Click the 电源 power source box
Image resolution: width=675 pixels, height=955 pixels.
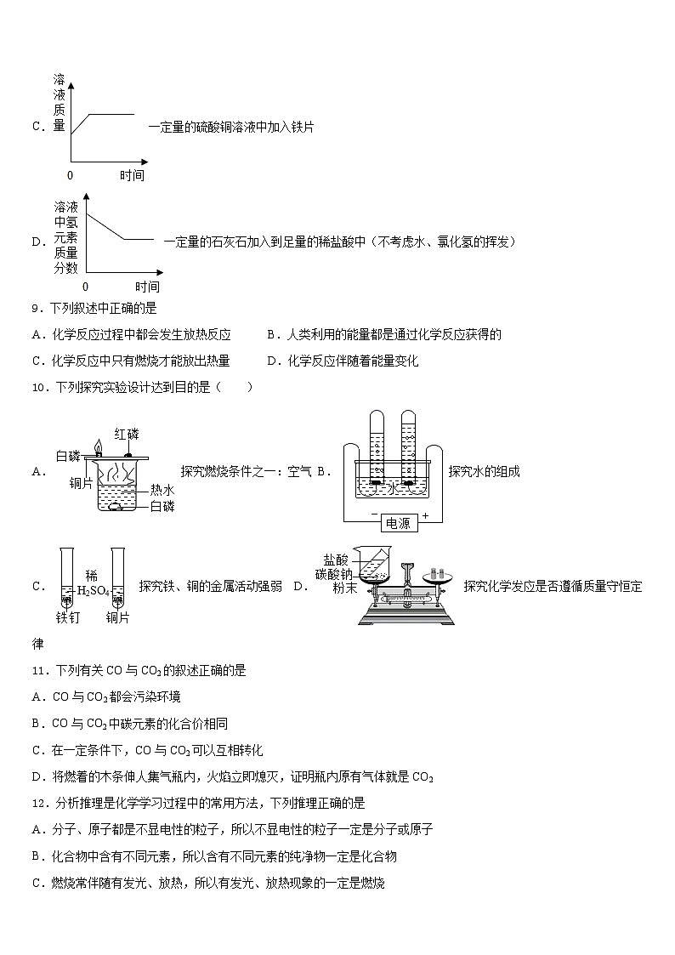pos(397,523)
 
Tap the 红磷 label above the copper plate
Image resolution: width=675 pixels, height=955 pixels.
pos(126,434)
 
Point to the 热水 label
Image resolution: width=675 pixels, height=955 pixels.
pos(162,490)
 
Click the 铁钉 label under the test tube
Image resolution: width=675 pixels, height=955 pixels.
pos(68,617)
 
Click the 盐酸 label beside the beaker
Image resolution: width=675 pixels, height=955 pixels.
pos(336,560)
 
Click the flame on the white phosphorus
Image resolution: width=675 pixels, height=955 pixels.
pos(99,446)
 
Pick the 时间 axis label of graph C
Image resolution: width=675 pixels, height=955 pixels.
pos(132,175)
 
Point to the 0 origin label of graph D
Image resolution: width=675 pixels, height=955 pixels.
pos(85,287)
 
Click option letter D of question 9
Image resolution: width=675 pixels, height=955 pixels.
pos(271,361)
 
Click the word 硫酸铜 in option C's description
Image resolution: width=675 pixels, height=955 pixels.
pos(212,127)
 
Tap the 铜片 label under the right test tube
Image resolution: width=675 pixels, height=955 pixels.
pos(118,617)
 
